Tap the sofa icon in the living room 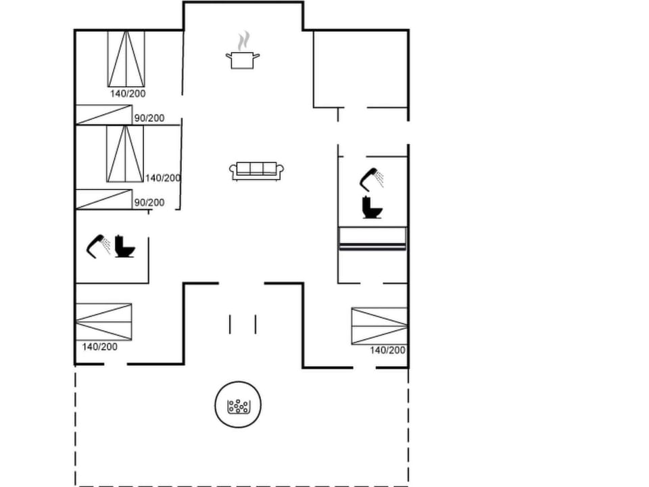click(x=256, y=171)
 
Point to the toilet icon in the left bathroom click(x=124, y=246)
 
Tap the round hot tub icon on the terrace click(x=238, y=406)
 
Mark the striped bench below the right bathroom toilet click(x=372, y=239)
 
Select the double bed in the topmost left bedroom click(x=126, y=59)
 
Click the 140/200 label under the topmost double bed click(x=128, y=94)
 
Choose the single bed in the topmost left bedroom click(x=103, y=114)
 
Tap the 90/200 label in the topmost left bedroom click(x=149, y=118)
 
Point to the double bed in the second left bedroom click(x=125, y=154)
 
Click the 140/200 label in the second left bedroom click(x=163, y=178)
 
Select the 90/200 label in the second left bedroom click(x=149, y=202)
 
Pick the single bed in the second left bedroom click(x=103, y=200)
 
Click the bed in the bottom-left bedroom click(x=103, y=322)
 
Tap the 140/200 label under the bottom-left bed click(x=99, y=346)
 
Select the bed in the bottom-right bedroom click(x=379, y=326)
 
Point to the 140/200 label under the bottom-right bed click(x=387, y=350)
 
